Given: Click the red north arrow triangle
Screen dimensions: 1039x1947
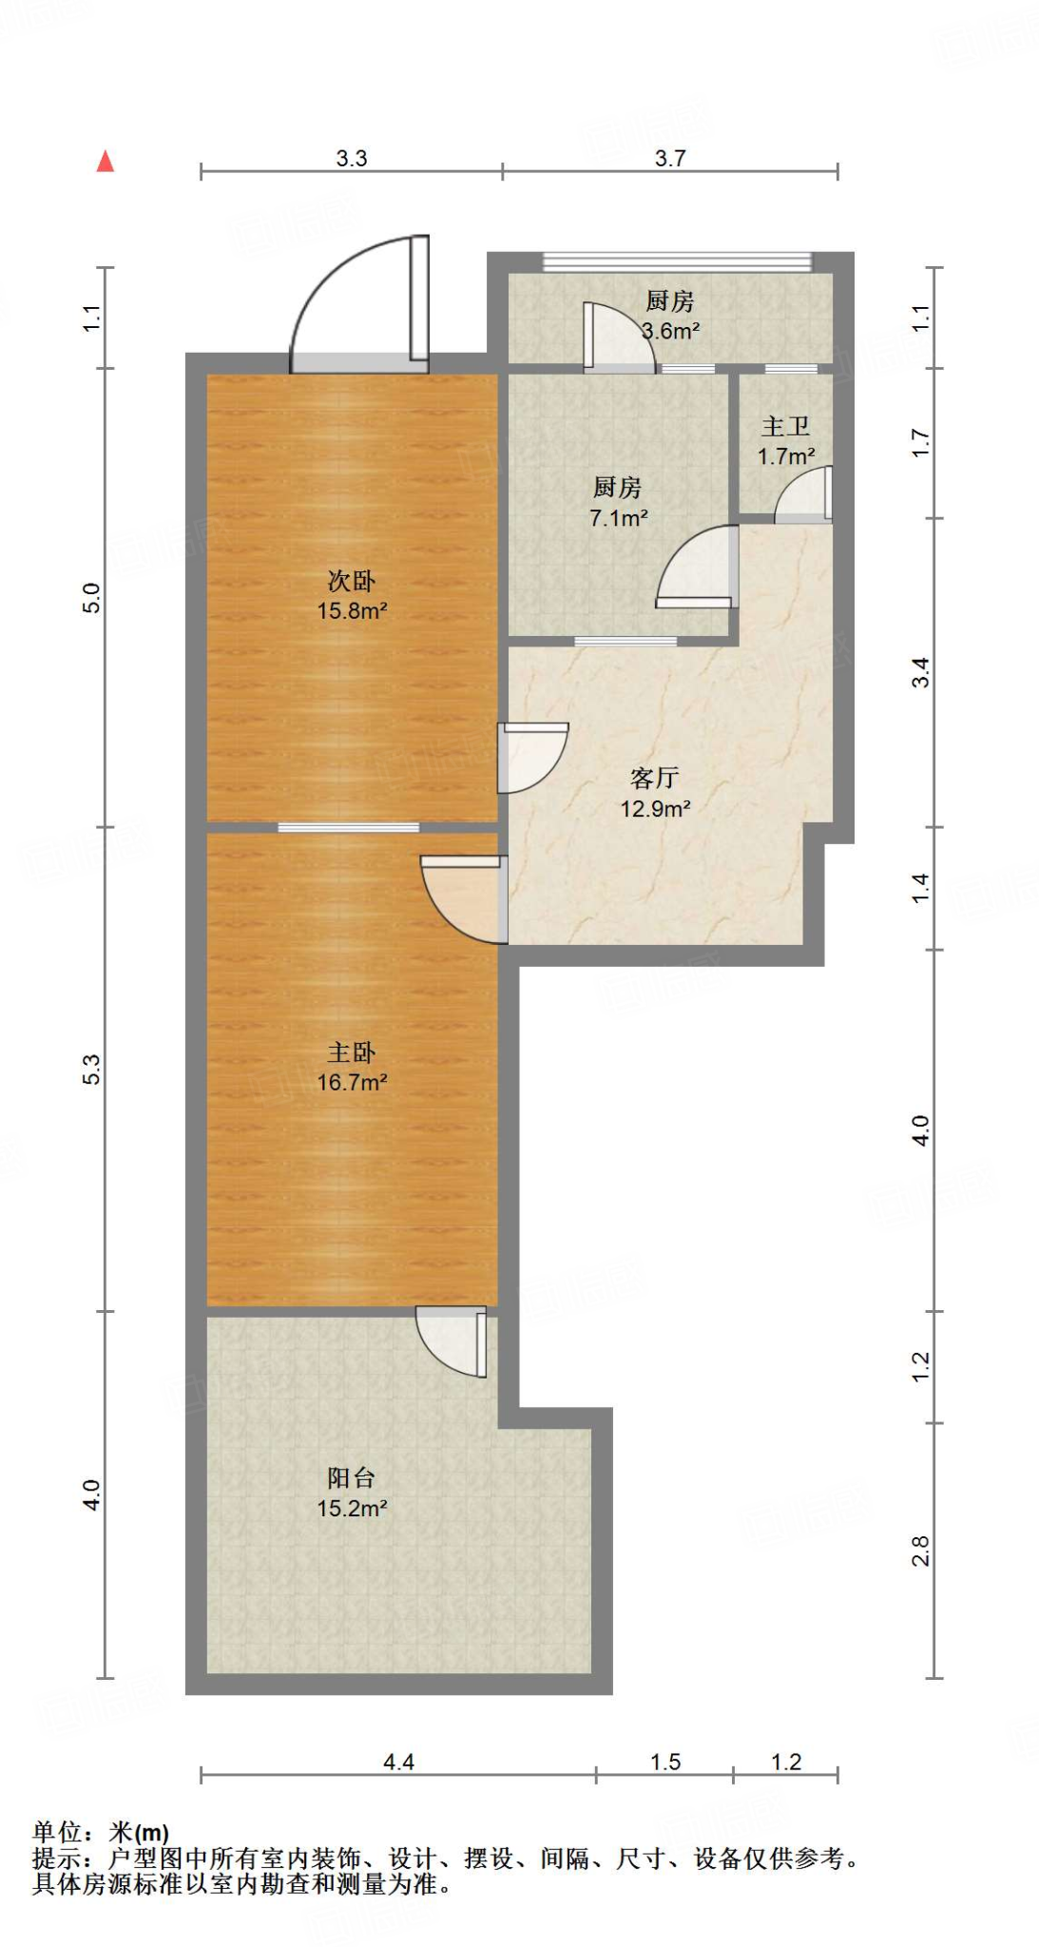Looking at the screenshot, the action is (106, 162).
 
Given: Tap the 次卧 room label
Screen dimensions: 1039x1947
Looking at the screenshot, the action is (352, 580).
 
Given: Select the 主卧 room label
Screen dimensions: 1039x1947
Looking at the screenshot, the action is (352, 1052).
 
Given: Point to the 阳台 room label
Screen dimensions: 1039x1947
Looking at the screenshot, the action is (352, 1477).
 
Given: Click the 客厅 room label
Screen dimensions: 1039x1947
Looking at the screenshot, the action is (655, 778).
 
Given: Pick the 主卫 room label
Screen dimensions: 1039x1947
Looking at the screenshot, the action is (786, 427).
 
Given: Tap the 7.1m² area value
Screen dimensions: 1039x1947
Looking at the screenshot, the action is (619, 518).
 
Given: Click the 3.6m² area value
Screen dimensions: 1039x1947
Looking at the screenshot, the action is (671, 331).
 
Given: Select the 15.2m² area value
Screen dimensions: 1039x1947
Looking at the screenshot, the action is (352, 1508).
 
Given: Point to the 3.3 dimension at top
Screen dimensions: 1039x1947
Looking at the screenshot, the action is (352, 159).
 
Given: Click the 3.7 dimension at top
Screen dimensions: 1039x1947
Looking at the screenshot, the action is (670, 159).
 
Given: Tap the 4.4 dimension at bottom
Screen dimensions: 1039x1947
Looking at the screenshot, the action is (398, 1762).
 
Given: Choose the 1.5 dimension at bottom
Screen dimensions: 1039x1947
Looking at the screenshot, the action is (665, 1762).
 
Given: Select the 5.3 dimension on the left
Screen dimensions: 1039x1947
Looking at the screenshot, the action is (91, 1070).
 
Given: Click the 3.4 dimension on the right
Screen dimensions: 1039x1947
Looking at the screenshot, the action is (920, 672).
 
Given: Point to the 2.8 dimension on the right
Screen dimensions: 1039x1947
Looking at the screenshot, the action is (920, 1551).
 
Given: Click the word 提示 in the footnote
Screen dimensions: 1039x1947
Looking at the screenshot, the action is (57, 1858).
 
